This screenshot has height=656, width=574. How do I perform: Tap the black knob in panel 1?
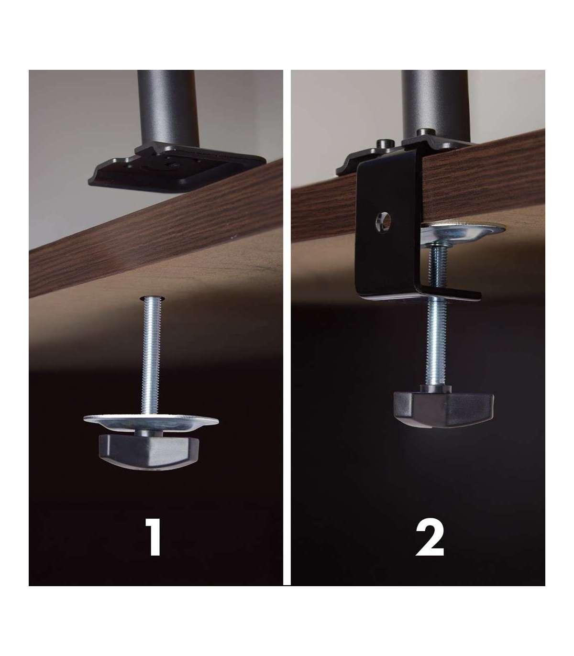(x=149, y=452)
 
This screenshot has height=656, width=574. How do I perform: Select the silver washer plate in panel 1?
(x=151, y=421)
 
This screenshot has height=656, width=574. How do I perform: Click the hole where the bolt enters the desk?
(x=153, y=299)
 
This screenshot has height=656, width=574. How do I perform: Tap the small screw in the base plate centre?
(x=174, y=165)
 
